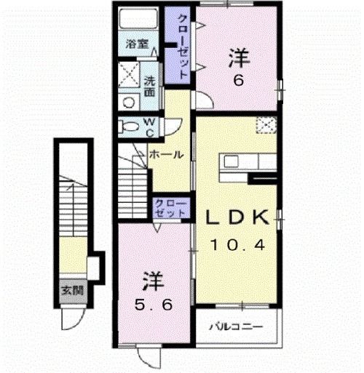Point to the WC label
click(x=149, y=127)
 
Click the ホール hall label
click(x=165, y=154)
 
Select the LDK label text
click(x=237, y=217)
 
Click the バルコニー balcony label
click(x=237, y=326)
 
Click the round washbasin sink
click(x=128, y=103)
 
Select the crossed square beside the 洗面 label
click(x=130, y=76)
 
